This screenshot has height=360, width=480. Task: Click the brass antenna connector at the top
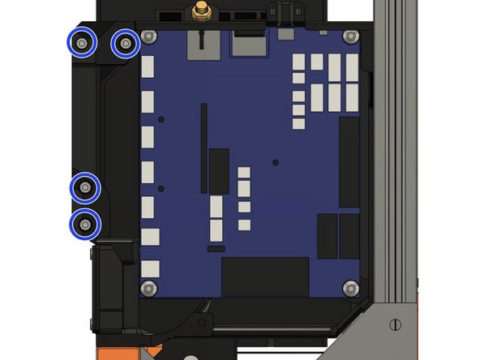[x=197, y=12]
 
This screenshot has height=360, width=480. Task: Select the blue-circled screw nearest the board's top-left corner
[x=124, y=43]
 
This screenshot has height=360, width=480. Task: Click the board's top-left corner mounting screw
[x=148, y=36]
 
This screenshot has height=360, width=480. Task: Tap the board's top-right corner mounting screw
[x=349, y=36]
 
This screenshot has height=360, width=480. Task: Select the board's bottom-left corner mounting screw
[x=148, y=288]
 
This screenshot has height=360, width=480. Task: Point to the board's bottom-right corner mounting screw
[x=349, y=288]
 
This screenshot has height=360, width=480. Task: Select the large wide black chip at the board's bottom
[x=265, y=276]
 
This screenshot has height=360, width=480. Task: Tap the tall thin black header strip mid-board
[x=203, y=150]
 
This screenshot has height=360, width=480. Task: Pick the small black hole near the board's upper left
[x=162, y=120]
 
